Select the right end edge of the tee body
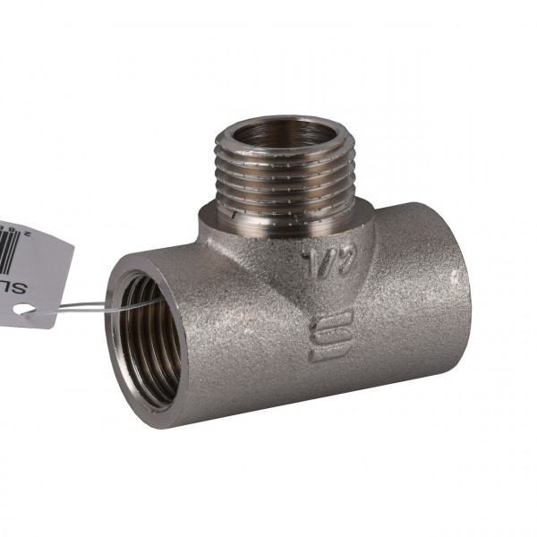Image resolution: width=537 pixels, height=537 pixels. point(466,286)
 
